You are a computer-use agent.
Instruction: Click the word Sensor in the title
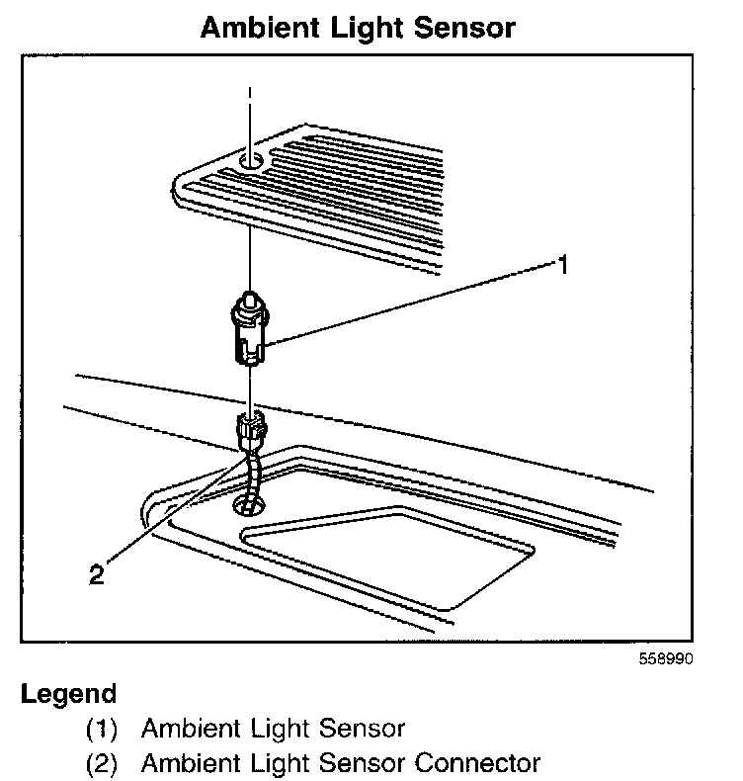pos(465,27)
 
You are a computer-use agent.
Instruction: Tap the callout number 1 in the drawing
pos(563,264)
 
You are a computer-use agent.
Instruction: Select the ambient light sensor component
pos(251,327)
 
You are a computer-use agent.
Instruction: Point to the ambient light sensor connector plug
pos(249,432)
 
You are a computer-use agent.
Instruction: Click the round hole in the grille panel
pos(251,157)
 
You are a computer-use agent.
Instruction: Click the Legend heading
pos(68,694)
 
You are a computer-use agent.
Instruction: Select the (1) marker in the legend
pos(101,730)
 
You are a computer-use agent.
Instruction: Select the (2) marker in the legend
pos(101,764)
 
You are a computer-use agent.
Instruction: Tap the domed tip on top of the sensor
pos(251,298)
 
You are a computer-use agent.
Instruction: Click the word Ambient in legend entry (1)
pos(189,730)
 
